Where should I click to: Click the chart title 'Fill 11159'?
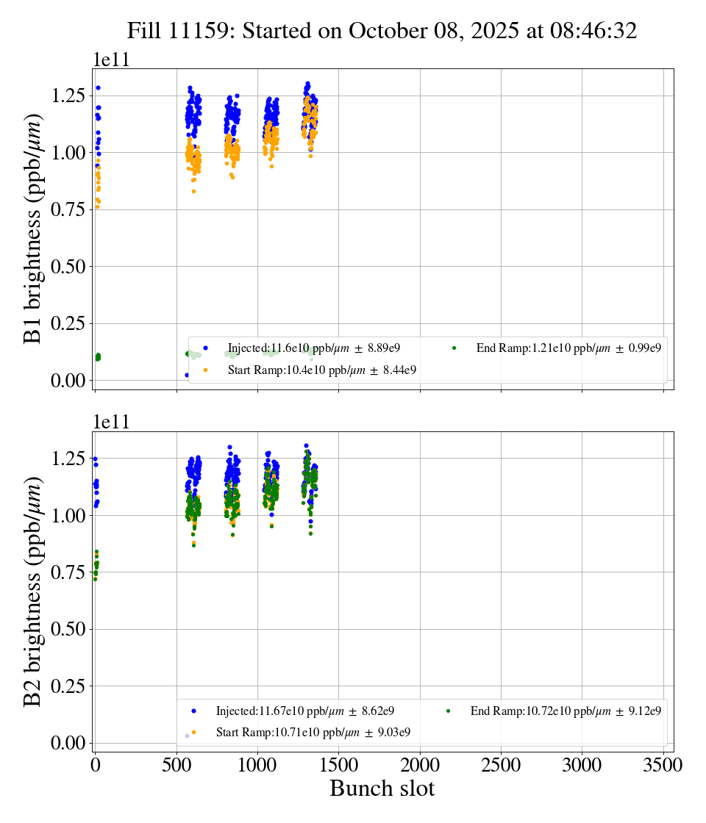coord(382,31)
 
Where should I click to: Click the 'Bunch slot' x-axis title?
coord(382,788)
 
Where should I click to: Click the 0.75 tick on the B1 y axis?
coord(68,209)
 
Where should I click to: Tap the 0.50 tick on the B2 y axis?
coord(68,629)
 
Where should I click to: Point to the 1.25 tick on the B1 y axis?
coord(68,96)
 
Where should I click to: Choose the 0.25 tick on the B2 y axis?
coord(68,686)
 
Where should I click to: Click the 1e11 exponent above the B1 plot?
coord(111,60)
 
